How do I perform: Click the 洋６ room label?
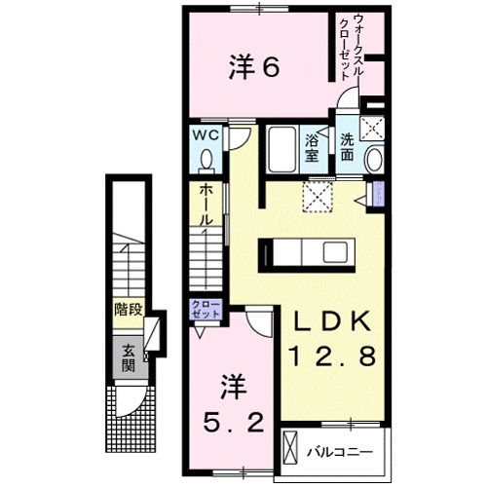255,67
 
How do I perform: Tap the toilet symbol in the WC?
206,159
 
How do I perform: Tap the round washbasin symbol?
373,160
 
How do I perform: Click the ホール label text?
206,206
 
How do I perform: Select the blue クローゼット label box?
207,313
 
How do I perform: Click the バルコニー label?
336,452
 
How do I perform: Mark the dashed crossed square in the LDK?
318,198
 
